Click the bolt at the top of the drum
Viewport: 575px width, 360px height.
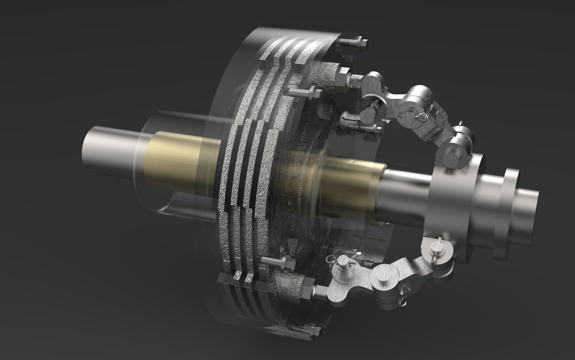click(355, 43)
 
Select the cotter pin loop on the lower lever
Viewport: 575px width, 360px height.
click(332, 258)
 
